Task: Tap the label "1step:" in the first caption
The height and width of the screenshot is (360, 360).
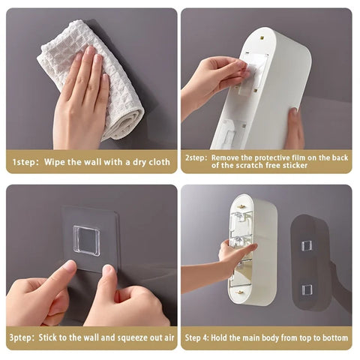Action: (25, 162)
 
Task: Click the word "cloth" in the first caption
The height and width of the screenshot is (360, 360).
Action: (158, 162)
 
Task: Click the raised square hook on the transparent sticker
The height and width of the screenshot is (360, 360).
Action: (88, 240)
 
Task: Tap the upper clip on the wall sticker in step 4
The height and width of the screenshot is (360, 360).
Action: (307, 245)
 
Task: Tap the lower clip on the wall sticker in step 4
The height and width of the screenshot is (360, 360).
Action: (307, 289)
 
